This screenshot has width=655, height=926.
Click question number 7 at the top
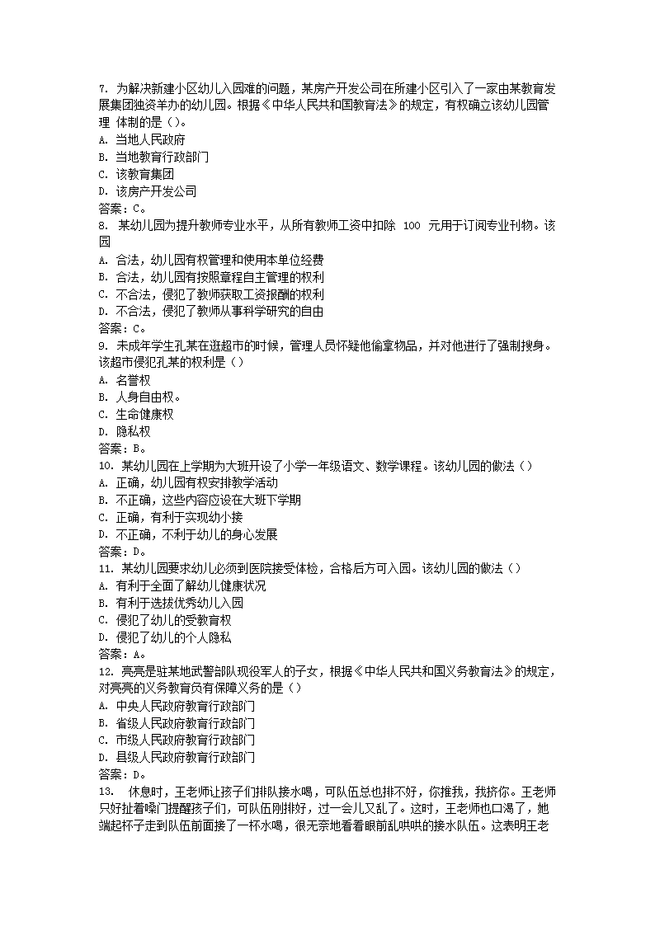[102, 88]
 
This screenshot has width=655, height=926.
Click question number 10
[105, 466]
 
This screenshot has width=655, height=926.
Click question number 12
[105, 671]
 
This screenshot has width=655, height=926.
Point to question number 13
[105, 792]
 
